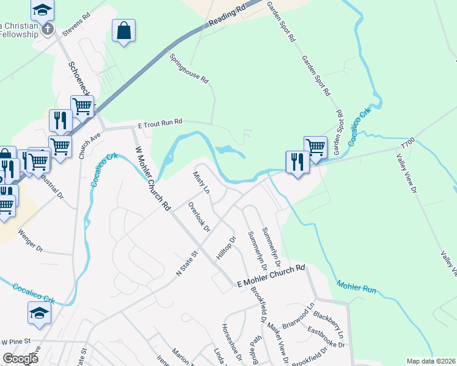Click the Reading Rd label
pyautogui.click(x=227, y=16)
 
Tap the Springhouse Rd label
pyautogui.click(x=189, y=68)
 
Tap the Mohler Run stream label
pyautogui.click(x=356, y=285)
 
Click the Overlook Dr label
pyautogui.click(x=199, y=217)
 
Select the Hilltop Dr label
pyautogui.click(x=226, y=248)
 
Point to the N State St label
pyautogui.click(x=188, y=264)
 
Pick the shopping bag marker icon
pyautogui.click(x=123, y=30)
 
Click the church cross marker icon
pyautogui.click(x=48, y=28)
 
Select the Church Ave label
pyautogui.click(x=89, y=146)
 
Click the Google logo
pyautogui.click(x=20, y=359)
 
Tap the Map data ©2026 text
pyautogui.click(x=430, y=361)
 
